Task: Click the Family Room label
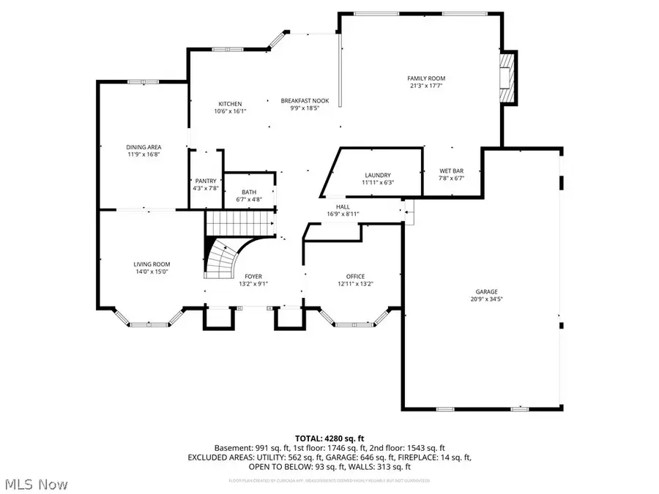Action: [426, 78]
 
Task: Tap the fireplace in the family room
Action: [507, 78]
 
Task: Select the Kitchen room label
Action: [229, 104]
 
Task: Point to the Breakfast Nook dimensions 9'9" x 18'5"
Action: [305, 108]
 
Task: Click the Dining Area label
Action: [144, 147]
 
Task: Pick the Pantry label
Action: [204, 181]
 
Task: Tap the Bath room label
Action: [250, 192]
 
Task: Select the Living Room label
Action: [152, 264]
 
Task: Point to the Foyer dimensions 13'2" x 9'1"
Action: [253, 284]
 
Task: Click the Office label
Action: [351, 276]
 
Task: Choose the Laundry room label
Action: [379, 175]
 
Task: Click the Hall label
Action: [343, 207]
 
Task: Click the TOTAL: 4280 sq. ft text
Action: [329, 438]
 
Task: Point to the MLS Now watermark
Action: [36, 484]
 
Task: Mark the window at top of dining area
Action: [139, 82]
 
